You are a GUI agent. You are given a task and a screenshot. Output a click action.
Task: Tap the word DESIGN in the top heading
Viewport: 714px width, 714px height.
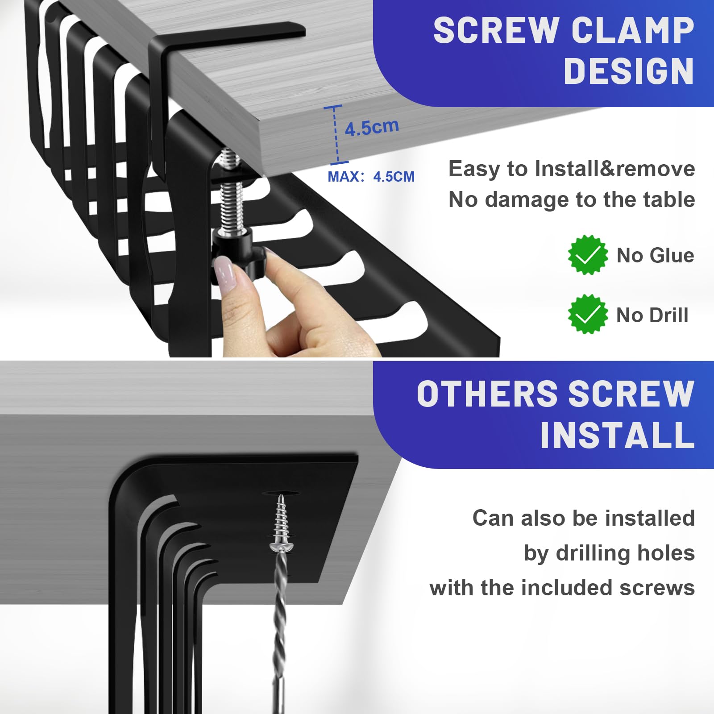629,71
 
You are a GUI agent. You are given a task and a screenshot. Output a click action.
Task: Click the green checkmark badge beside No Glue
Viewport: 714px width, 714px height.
588,255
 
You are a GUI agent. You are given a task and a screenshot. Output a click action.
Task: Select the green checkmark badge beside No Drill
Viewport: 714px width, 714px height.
588,314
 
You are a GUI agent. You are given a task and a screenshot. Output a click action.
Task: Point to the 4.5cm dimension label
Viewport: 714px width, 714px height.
372,128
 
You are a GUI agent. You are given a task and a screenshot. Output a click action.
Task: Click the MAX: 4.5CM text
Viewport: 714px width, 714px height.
371,177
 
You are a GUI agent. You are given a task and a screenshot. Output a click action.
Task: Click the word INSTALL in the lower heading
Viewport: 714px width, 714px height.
617,436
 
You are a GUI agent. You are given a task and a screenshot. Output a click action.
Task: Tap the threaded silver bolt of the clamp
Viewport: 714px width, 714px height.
231,192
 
